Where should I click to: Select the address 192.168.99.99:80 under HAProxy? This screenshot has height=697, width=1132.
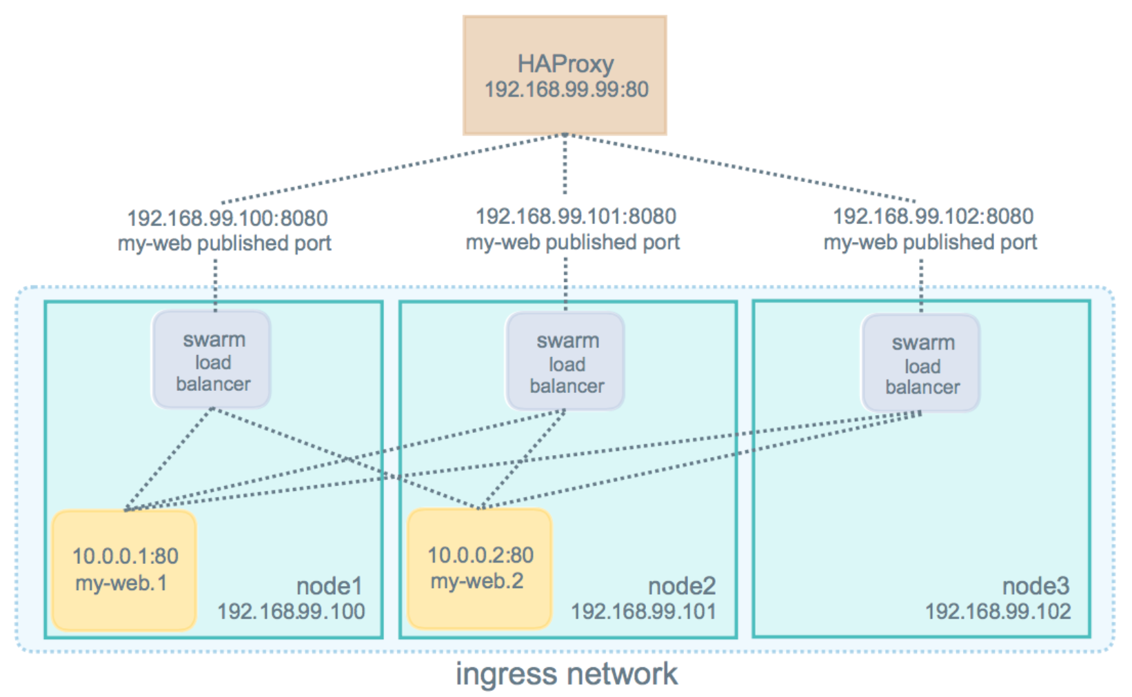click(566, 90)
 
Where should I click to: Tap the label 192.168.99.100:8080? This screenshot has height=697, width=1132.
click(227, 219)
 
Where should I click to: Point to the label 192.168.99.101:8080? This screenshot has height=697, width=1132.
click(576, 216)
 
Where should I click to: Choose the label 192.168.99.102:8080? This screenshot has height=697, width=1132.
click(933, 216)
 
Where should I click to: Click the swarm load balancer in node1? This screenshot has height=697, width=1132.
click(212, 361)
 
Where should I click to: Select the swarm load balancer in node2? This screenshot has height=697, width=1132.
click(566, 363)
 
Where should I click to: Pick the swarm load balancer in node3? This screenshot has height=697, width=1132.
click(922, 364)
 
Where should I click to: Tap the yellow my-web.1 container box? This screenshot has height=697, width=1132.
click(124, 569)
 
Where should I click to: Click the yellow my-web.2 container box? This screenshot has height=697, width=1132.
click(480, 568)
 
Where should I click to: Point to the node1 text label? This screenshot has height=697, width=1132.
click(329, 586)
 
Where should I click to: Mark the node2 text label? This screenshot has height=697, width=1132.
click(681, 586)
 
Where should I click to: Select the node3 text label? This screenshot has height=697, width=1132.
click(1035, 586)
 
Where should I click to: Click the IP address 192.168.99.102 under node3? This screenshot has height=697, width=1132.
click(998, 612)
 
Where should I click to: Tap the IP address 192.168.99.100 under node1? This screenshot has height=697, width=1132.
click(291, 612)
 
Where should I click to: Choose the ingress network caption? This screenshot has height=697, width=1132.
click(567, 674)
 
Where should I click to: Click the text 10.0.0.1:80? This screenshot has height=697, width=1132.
click(125, 556)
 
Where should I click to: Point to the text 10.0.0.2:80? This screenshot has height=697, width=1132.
click(481, 555)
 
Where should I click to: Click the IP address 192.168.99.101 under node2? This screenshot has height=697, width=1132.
click(643, 612)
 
